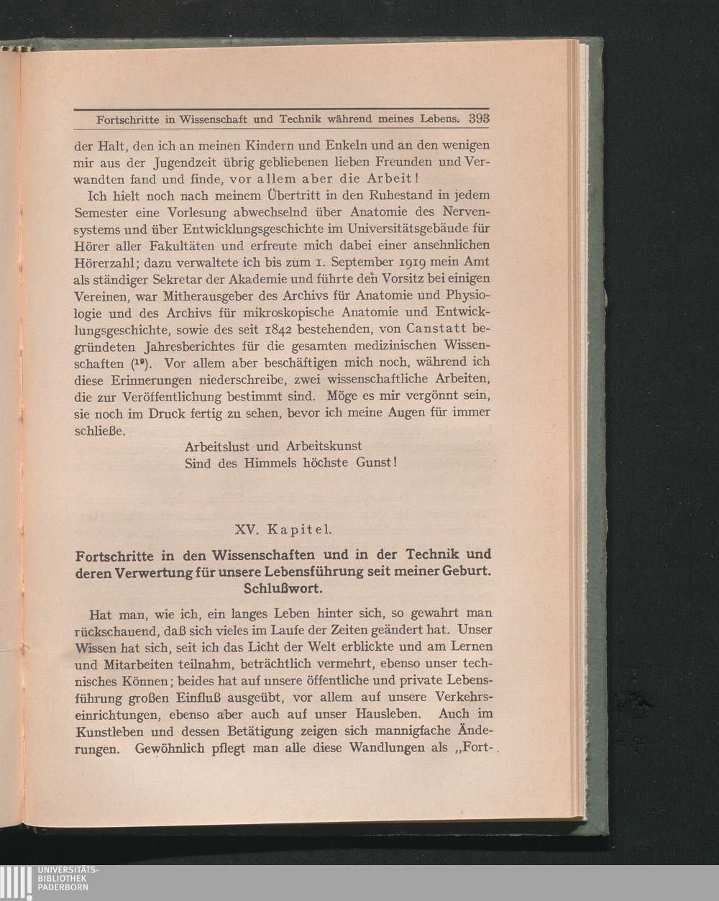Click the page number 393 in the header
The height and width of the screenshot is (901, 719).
[479, 119]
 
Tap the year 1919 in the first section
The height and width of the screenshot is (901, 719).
[429, 262]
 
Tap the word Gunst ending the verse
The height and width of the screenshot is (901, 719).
[373, 463]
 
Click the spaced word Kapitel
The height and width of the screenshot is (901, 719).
[299, 530]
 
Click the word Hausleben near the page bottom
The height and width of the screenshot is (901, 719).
[385, 714]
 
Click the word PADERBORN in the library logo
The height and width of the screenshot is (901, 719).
[64, 887]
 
